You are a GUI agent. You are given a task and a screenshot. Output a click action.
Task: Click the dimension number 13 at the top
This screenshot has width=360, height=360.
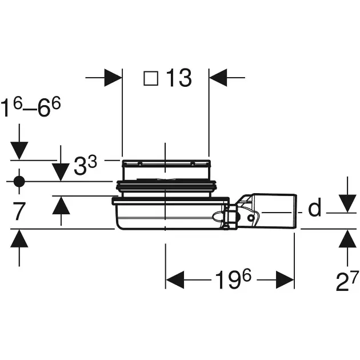[x=179, y=78]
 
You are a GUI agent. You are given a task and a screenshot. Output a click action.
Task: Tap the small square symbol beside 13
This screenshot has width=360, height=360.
[x=151, y=78]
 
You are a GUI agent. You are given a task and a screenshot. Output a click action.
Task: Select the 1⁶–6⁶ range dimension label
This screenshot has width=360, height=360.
[x=30, y=107]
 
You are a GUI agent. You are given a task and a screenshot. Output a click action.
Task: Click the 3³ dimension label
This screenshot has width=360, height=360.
[x=85, y=165]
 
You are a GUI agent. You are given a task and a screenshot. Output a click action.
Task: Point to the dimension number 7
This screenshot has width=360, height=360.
[x=19, y=211]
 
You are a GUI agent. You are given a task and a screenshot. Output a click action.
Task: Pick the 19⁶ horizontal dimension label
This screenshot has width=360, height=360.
[x=233, y=279]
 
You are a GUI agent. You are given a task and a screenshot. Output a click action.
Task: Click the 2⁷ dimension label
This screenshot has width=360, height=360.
[x=347, y=281]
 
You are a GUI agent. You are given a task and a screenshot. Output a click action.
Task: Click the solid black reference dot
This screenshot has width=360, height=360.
[x=19, y=181]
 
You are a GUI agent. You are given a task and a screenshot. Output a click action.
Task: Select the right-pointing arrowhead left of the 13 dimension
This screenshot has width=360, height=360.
[x=113, y=78]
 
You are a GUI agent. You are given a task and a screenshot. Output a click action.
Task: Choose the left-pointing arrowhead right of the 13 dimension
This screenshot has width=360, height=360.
[x=218, y=78]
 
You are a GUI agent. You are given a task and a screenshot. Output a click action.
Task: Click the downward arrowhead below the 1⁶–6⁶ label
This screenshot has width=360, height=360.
[x=19, y=151]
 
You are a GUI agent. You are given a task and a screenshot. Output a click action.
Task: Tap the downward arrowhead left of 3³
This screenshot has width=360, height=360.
[x=61, y=172]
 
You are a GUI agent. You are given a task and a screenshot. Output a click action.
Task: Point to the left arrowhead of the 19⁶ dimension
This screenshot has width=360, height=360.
[x=175, y=280]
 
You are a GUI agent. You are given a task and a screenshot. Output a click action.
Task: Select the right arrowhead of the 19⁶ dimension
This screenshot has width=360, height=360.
[x=285, y=280]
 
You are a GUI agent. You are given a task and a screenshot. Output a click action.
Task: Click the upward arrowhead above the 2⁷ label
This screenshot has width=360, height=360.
[x=347, y=239]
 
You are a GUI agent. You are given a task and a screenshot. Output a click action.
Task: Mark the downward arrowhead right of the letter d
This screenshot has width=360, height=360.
[x=347, y=203]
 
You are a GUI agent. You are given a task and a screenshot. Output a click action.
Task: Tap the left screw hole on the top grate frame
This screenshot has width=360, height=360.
[x=139, y=164]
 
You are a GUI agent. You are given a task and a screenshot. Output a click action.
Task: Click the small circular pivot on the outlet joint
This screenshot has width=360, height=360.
[x=251, y=217]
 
